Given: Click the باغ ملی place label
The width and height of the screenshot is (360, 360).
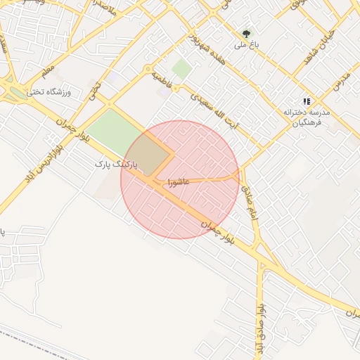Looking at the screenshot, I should point(247,44).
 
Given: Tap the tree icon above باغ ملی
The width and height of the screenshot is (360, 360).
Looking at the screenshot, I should point(246,33).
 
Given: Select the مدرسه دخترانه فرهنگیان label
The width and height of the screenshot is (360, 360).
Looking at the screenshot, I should point(307,117).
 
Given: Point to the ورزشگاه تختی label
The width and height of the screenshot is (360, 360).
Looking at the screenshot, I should point(45,91).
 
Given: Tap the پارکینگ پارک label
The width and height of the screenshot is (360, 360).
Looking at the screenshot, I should point(115,164).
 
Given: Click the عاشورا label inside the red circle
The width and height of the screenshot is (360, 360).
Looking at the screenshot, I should point(179,182).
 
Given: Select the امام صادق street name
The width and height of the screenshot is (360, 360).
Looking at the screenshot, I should point(250,199).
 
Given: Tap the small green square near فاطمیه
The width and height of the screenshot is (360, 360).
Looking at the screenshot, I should point(181,69).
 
